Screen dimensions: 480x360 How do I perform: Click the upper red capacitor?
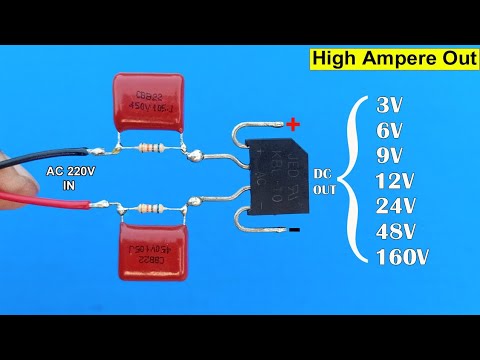(x=149, y=102)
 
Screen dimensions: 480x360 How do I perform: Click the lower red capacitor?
(x=158, y=245)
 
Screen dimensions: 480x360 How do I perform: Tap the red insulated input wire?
(x=40, y=195)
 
